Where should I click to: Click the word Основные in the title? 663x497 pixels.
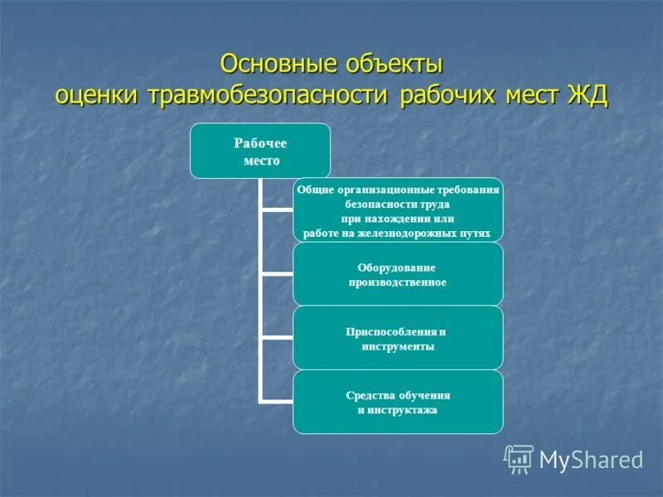click(272, 65)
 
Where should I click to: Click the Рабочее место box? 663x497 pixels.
click(260, 151)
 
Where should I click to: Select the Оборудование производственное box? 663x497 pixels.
click(398, 274)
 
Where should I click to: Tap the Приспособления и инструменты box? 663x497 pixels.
click(398, 338)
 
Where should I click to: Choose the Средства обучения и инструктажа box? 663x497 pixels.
click(398, 402)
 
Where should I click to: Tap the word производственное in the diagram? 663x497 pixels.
click(398, 282)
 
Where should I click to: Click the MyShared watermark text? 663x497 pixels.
click(591, 459)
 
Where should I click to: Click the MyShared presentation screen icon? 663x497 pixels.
click(519, 459)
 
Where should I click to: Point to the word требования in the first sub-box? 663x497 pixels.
click(468, 190)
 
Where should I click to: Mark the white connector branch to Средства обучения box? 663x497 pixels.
click(276, 401)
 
